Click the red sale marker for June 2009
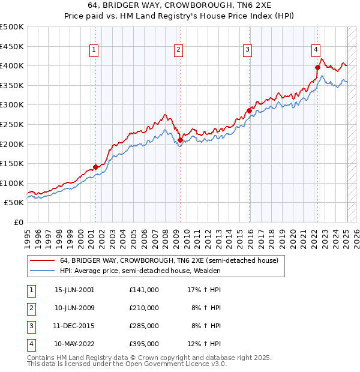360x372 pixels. point(180,140)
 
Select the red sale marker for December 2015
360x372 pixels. point(248,110)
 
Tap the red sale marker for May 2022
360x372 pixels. point(317,67)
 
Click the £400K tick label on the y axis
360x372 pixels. point(12,65)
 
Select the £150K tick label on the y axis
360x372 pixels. point(12,163)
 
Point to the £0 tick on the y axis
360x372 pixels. point(19,222)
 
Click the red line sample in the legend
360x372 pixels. point(42,261)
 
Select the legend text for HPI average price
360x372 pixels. point(140,271)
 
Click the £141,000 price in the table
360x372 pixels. point(144,290)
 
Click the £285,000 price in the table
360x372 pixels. point(144,326)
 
